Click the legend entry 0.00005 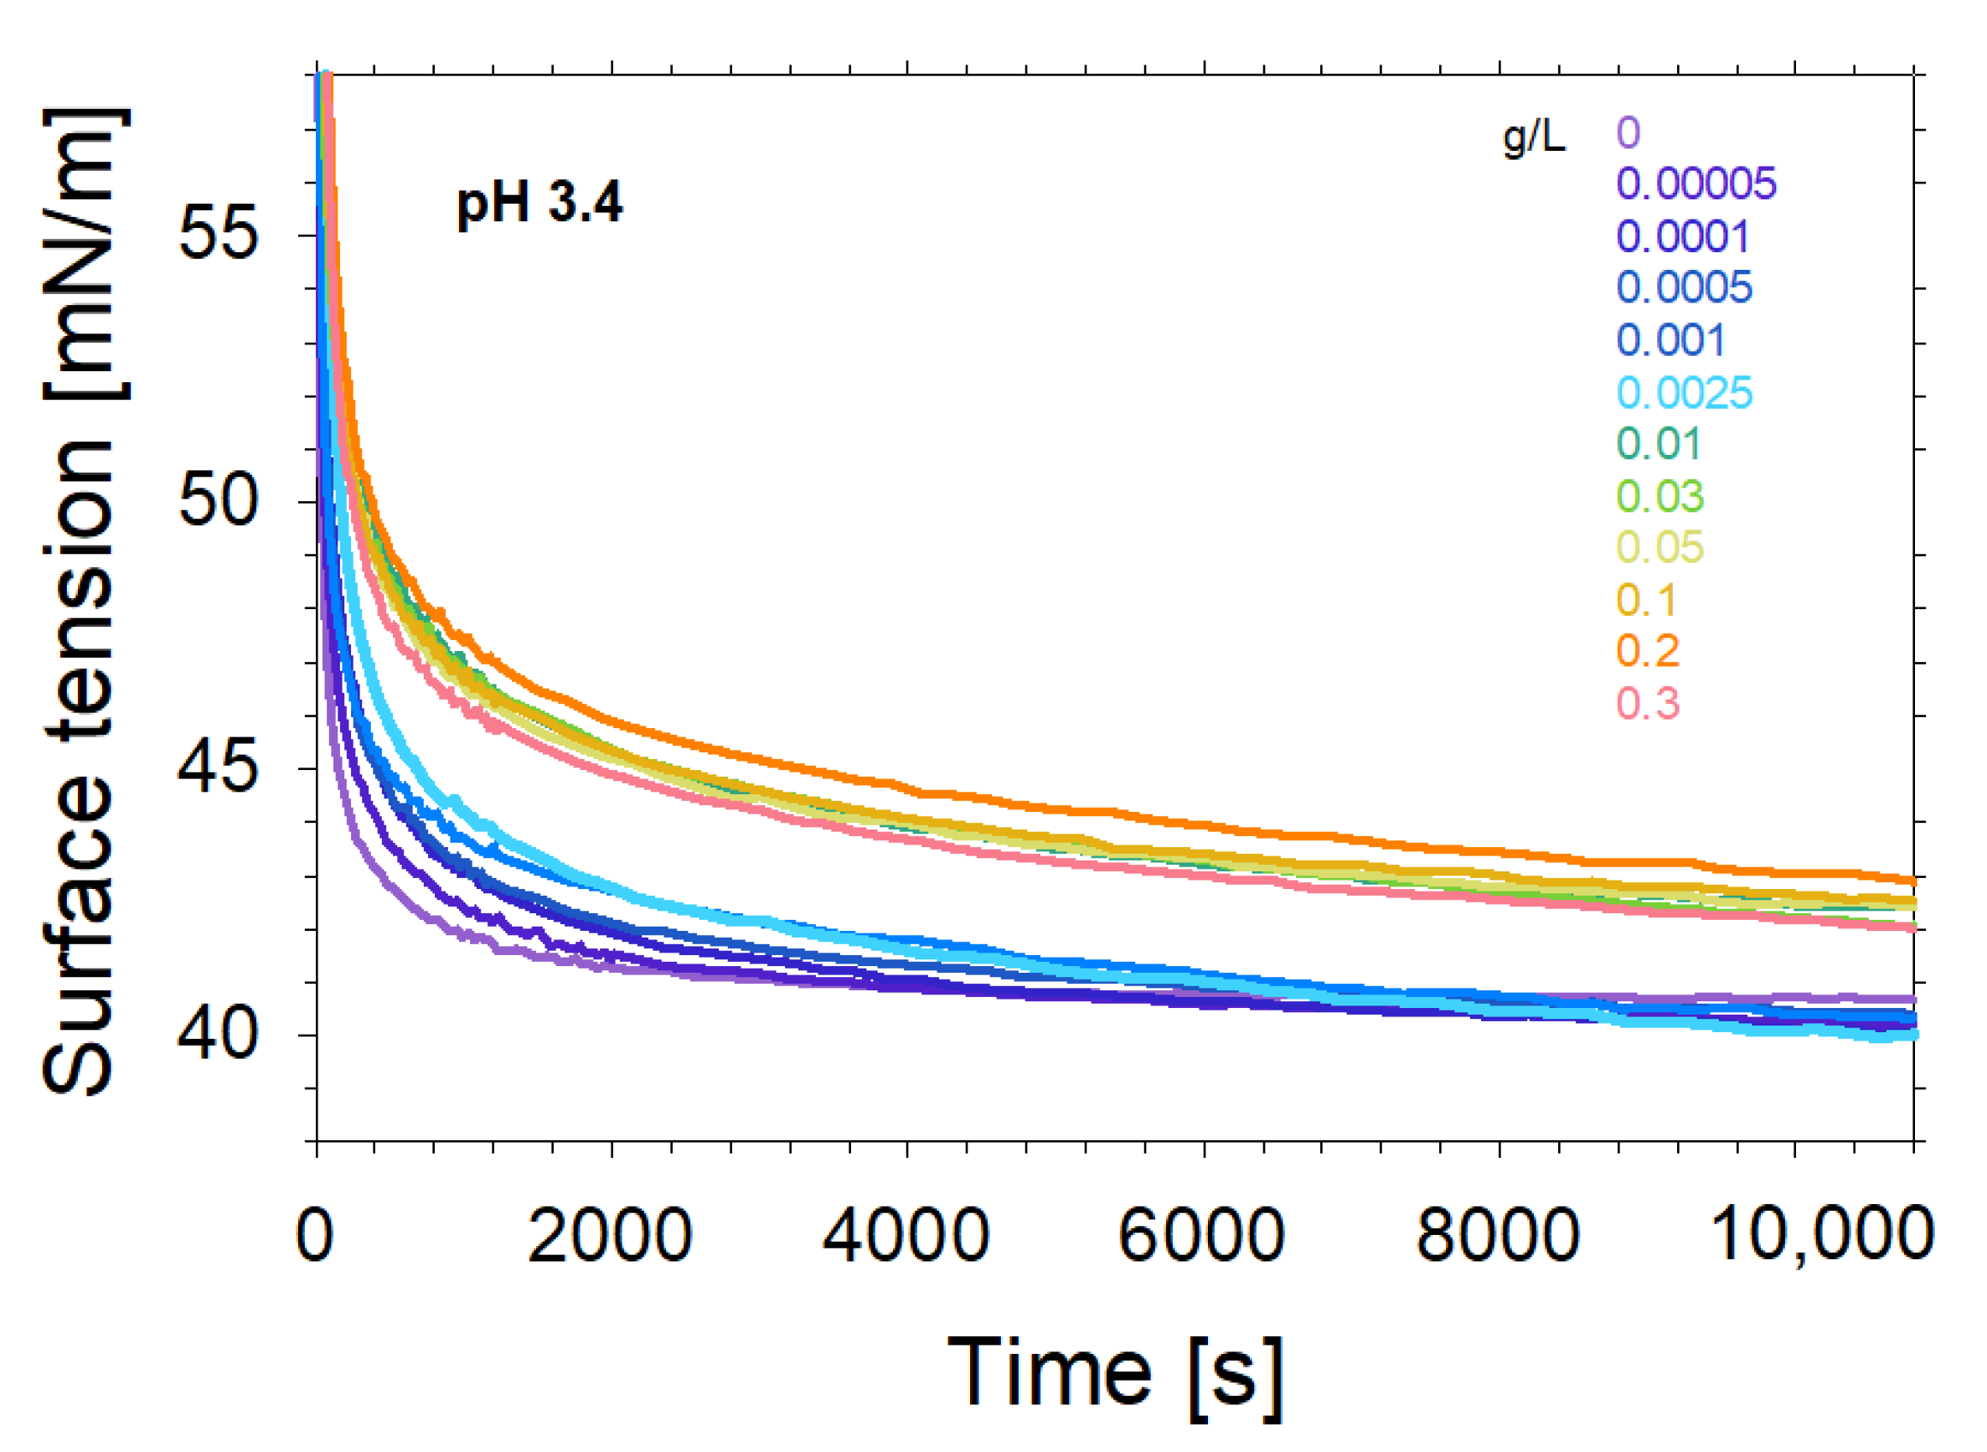1695,183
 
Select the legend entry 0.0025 1684,392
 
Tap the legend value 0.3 1647,703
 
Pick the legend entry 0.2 1647,650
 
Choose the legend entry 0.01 1659,443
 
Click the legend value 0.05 1659,546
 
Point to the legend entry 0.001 1670,339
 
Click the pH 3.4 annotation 539,203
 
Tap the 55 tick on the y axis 217,234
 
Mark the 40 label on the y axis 217,1035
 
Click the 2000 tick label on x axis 610,1236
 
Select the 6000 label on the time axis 1201,1236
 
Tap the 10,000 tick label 1821,1236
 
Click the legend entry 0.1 1646,599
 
